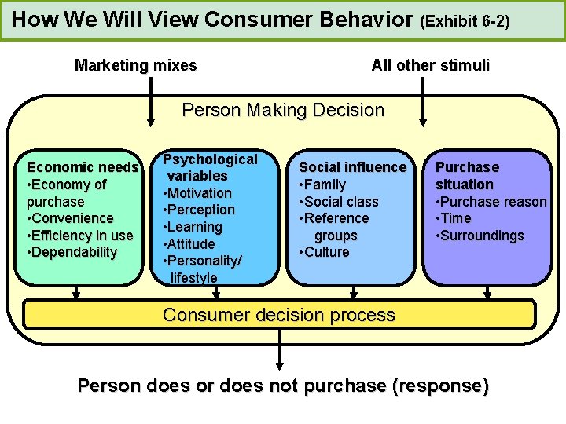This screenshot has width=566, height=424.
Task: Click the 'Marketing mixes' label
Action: [135, 66]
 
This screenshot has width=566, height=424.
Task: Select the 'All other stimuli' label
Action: [430, 66]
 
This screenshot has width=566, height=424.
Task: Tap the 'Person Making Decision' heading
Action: [283, 110]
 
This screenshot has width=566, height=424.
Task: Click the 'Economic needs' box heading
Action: [83, 167]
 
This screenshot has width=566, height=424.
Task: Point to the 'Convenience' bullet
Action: [70, 218]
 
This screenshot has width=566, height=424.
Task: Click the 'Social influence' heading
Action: [353, 167]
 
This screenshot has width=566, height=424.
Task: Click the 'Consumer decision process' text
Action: [278, 315]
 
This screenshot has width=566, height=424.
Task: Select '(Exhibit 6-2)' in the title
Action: [465, 20]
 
